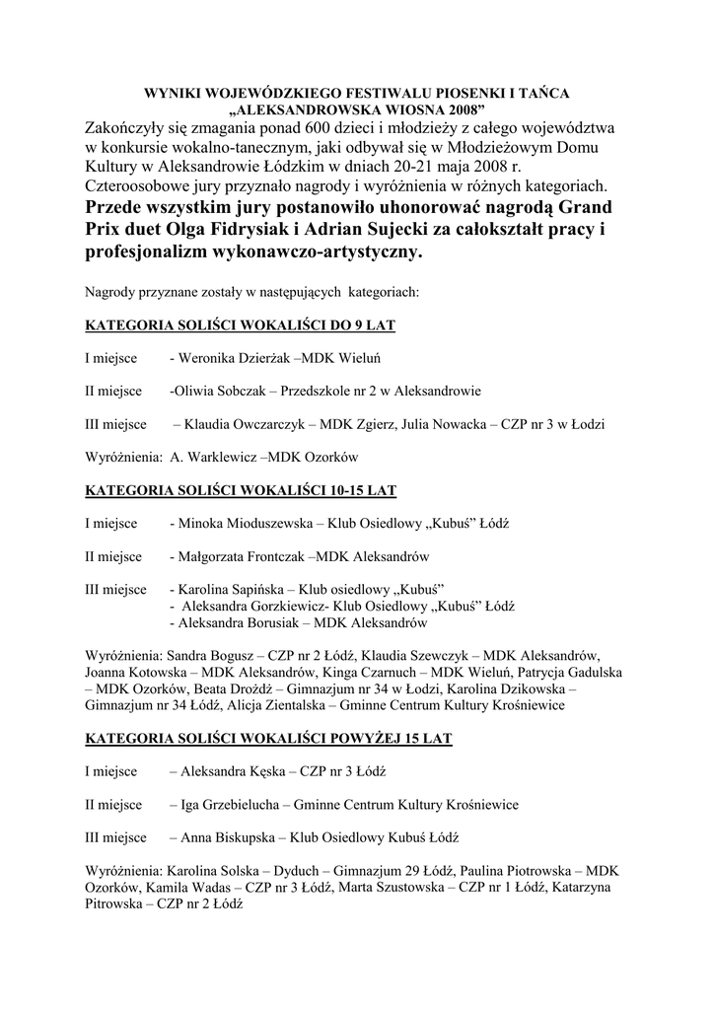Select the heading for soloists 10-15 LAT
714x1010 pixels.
[241, 489]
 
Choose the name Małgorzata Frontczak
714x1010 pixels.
[242, 556]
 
